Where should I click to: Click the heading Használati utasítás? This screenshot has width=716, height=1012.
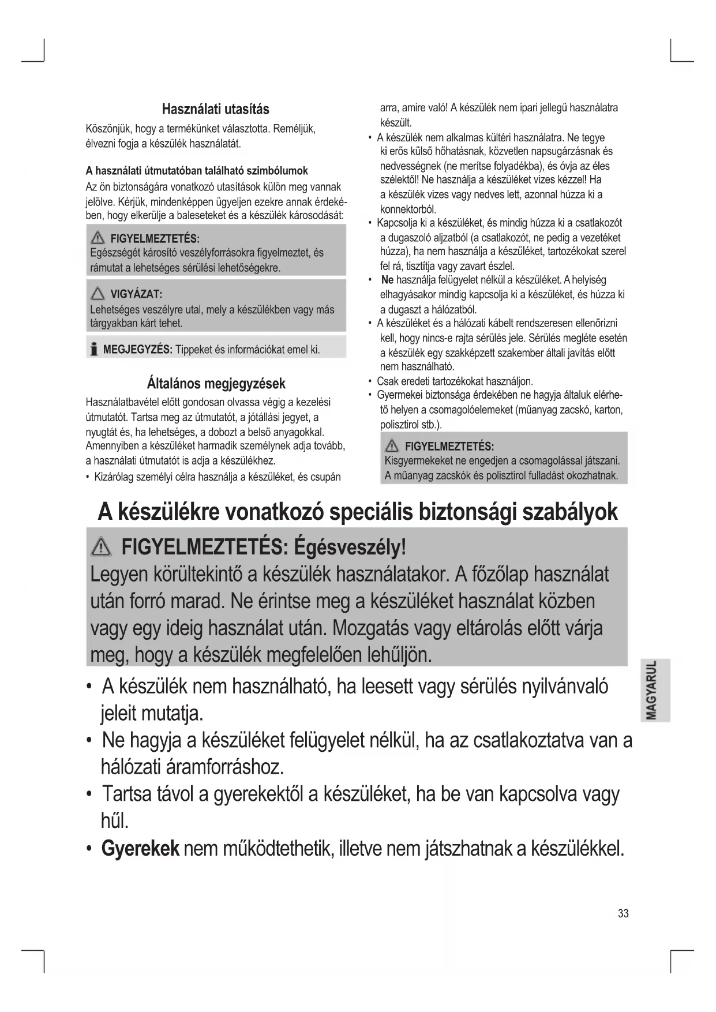[215, 109]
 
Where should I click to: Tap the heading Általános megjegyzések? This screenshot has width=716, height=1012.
[216, 383]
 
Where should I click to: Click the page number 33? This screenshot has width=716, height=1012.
[623, 913]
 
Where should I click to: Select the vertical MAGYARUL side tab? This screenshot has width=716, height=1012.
[654, 689]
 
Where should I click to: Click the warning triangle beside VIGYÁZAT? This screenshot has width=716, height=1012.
[98, 294]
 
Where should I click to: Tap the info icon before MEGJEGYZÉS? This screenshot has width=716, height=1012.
[93, 350]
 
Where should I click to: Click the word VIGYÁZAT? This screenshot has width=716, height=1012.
[136, 295]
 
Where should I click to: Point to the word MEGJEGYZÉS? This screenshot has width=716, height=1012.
[138, 350]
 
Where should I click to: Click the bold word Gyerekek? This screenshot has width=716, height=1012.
[140, 849]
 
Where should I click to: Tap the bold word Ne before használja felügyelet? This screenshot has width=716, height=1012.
[387, 280]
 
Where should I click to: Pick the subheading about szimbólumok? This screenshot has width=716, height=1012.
[197, 171]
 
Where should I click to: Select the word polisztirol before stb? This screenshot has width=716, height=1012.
[401, 425]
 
